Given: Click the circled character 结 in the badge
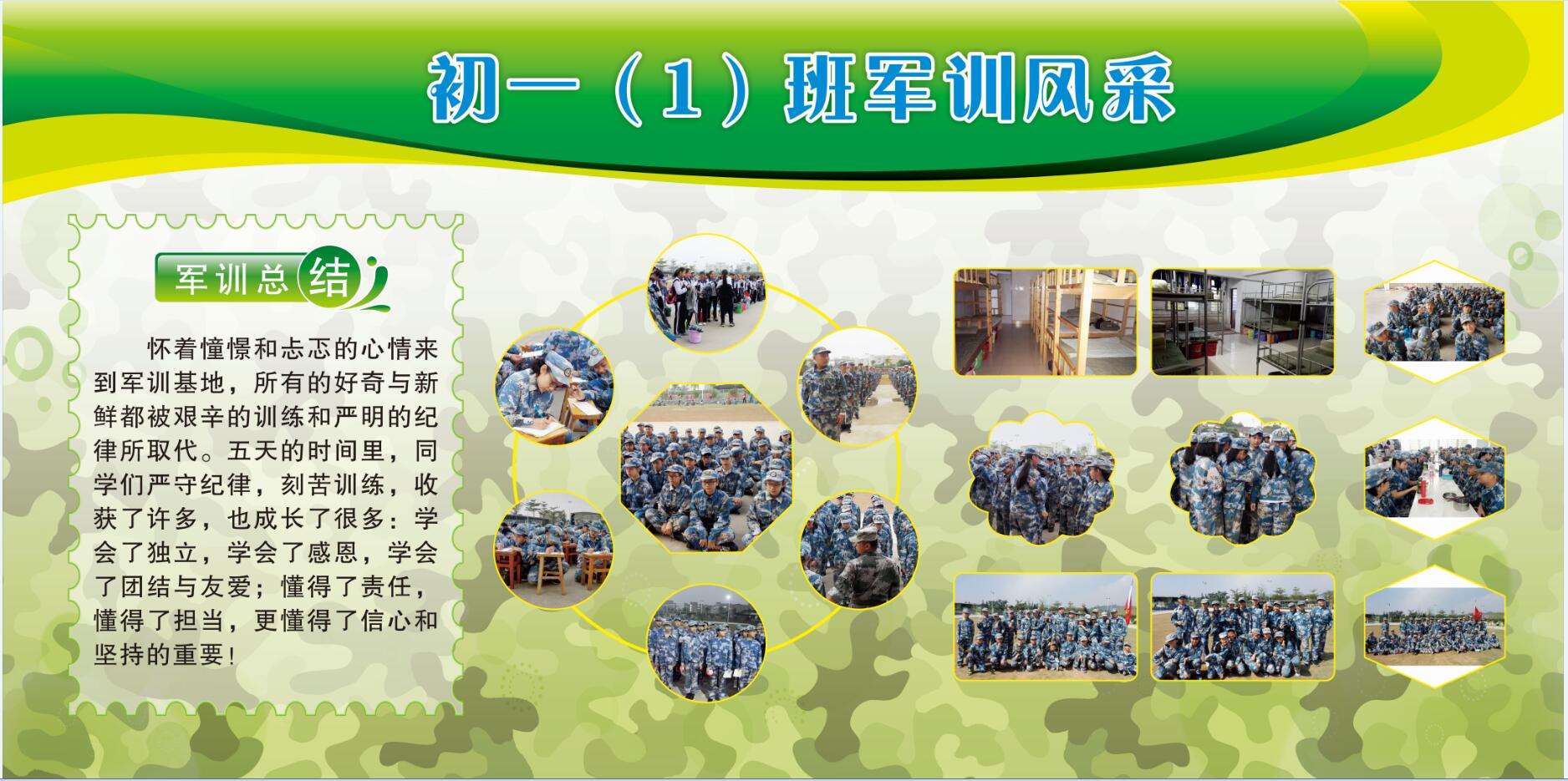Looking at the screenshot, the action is click(331, 276).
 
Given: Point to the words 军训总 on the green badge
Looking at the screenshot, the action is click(231, 278).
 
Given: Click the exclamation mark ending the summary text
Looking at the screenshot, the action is click(232, 655).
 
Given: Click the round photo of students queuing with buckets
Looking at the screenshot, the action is click(706, 293).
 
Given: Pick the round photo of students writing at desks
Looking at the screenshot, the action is click(554, 385).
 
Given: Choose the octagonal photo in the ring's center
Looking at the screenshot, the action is click(706, 468).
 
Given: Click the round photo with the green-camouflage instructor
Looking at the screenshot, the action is click(859, 549).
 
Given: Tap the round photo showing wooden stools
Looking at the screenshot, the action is click(553, 549).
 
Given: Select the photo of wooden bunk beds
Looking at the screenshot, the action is click(1046, 322).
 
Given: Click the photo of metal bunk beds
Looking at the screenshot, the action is click(1243, 322).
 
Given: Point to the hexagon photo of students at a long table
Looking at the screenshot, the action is click(1435, 479).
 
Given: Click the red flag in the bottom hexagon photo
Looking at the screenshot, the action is click(1476, 612).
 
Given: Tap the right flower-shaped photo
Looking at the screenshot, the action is click(1243, 479).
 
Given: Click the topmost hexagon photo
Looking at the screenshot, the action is click(1435, 322).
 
